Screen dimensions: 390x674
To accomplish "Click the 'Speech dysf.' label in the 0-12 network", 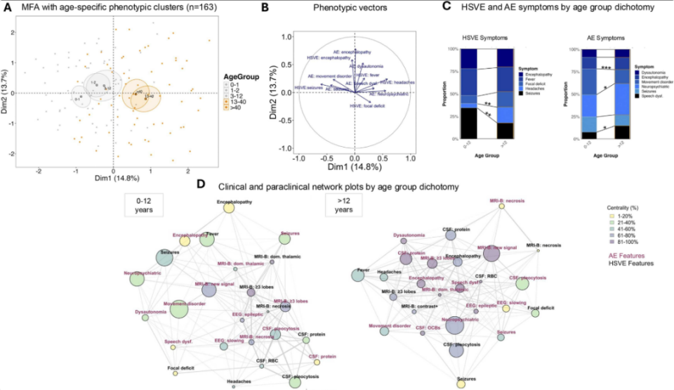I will (x=178, y=342).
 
